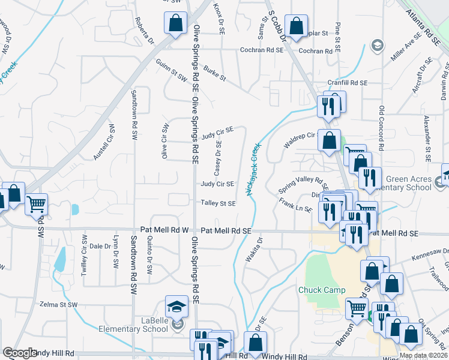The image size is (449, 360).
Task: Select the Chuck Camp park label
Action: [x=322, y=290]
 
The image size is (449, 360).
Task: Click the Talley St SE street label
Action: [x=218, y=203]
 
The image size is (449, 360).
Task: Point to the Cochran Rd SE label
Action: [x=261, y=51]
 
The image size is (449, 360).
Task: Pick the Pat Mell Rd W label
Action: [x=164, y=230]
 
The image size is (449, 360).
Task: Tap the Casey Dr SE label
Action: [x=218, y=155]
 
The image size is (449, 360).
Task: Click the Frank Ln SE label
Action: [x=295, y=205]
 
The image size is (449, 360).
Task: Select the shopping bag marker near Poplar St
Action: [x=296, y=26]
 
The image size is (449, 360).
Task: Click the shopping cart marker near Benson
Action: [x=357, y=309]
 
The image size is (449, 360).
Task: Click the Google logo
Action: [x=19, y=353]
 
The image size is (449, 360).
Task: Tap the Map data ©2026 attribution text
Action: [x=423, y=355]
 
